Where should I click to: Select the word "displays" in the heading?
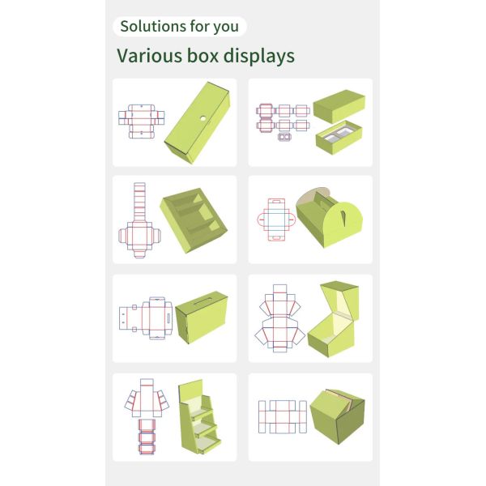coord(259,57)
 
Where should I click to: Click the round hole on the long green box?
coord(203,118)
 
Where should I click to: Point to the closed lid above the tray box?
coord(339,106)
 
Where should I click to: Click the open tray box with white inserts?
coord(339,138)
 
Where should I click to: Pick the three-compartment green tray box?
coord(194,220)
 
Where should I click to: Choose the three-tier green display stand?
coord(199,417)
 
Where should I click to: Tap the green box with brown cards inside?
coord(337,416)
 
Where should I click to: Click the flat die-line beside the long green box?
coord(141,122)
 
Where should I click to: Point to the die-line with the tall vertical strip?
coord(139,220)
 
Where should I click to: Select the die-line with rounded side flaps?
coord(276,220)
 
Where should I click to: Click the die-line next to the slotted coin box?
coord(146,318)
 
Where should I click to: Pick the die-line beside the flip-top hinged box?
coord(279,318)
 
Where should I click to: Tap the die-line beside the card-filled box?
coord(283,417)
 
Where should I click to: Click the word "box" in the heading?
coord(202,56)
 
